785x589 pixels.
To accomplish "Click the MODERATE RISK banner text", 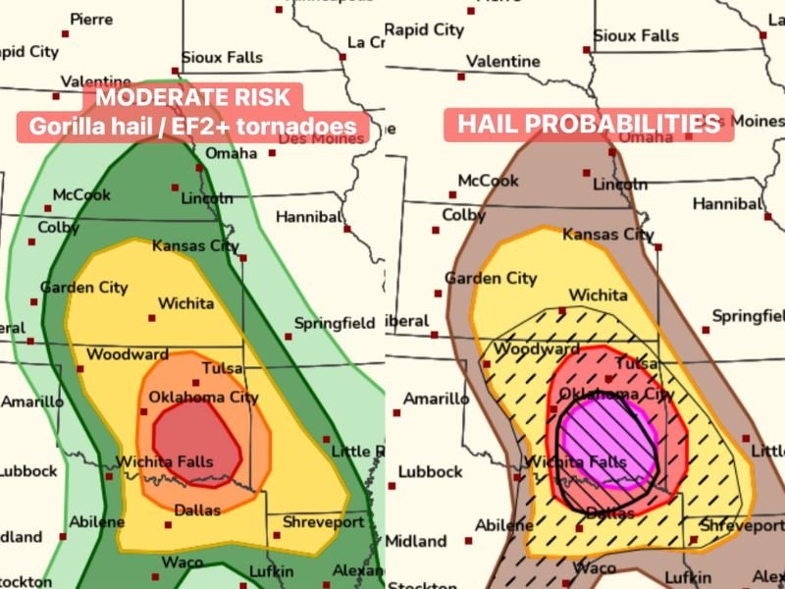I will (192, 97).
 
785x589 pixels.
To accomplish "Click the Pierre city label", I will (90, 19).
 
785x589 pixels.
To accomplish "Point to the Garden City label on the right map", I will (491, 278).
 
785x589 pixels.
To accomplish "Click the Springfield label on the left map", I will (339, 322).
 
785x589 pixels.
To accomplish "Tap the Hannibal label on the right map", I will (727, 204).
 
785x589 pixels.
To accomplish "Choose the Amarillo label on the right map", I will (436, 400).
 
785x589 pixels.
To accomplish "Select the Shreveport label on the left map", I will (323, 521).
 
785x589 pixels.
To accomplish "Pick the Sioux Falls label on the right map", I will (636, 35).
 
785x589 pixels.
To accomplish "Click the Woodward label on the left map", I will (128, 354).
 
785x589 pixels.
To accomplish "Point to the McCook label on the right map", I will (489, 182).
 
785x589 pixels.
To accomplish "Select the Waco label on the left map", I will (183, 562).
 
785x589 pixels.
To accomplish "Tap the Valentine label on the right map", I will (502, 61).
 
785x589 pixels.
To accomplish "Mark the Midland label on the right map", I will (416, 541).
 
